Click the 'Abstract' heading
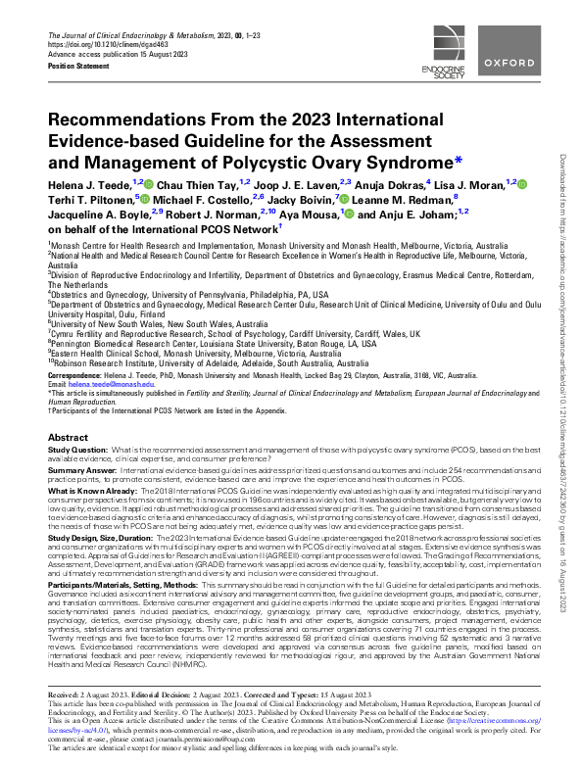(x=69, y=437)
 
